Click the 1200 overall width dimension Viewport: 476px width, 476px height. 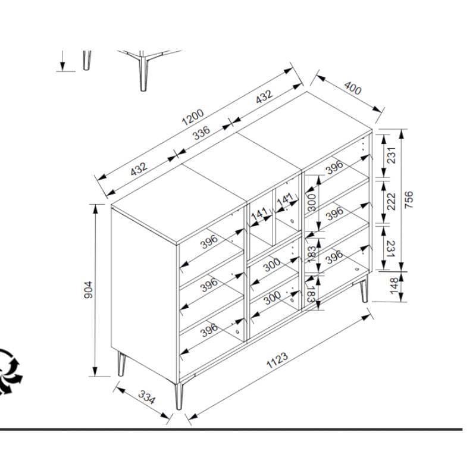[x=193, y=117]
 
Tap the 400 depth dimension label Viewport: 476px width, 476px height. [x=353, y=87]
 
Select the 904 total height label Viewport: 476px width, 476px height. [x=88, y=290]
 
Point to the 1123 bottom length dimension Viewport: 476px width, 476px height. [x=277, y=360]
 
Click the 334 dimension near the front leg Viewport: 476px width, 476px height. [x=146, y=397]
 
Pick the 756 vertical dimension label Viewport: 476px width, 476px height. [x=409, y=199]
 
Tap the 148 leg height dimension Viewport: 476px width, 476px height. [x=394, y=286]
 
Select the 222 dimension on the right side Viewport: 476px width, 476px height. [x=391, y=201]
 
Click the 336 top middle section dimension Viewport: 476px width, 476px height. [x=202, y=133]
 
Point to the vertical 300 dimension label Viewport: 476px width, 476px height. [x=312, y=202]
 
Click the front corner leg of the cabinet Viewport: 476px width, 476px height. [x=179, y=396]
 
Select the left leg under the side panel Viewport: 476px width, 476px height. [x=122, y=364]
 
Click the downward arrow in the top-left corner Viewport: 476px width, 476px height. [x=62, y=61]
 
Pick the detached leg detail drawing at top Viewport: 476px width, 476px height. [x=143, y=70]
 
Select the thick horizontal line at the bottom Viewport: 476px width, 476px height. [x=231, y=430]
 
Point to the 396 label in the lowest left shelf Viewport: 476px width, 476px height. [x=209, y=330]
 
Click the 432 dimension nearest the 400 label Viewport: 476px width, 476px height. [x=264, y=97]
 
